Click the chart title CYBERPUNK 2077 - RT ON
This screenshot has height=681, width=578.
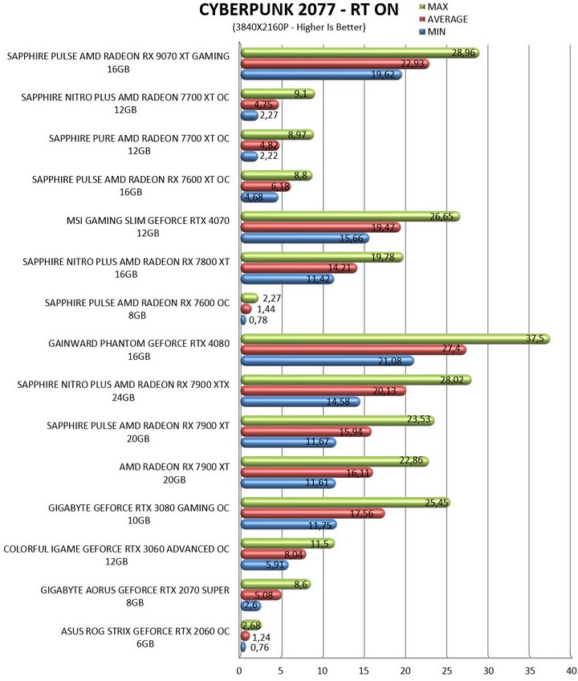pyautogui.click(x=299, y=10)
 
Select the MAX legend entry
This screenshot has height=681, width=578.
pyautogui.click(x=433, y=6)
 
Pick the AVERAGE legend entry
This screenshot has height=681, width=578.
pyautogui.click(x=443, y=19)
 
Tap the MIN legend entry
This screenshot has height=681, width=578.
pyautogui.click(x=433, y=31)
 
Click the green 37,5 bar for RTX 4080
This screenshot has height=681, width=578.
pyautogui.click(x=395, y=339)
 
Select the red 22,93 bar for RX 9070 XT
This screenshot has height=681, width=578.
pyautogui.click(x=335, y=64)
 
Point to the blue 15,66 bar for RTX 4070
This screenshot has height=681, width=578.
pyautogui.click(x=305, y=238)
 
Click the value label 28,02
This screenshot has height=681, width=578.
pyautogui.click(x=452, y=380)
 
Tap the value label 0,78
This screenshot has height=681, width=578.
pyautogui.click(x=258, y=320)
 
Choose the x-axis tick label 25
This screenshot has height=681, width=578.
pyautogui.click(x=447, y=671)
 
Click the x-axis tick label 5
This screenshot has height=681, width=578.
pyautogui.click(x=281, y=671)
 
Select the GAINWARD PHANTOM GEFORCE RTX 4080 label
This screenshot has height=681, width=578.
pyautogui.click(x=139, y=349)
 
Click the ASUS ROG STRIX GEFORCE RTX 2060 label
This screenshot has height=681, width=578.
pyautogui.click(x=145, y=637)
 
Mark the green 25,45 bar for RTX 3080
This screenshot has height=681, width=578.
pyautogui.click(x=345, y=503)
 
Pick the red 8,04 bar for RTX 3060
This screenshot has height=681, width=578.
pyautogui.click(x=273, y=554)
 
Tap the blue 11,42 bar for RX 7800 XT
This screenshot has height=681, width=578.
pyautogui.click(x=287, y=279)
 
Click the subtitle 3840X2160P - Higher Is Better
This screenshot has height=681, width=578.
pyautogui.click(x=299, y=27)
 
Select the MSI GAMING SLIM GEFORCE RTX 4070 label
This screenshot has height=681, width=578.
pyautogui.click(x=148, y=226)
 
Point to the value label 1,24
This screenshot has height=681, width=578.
pyautogui.click(x=261, y=637)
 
